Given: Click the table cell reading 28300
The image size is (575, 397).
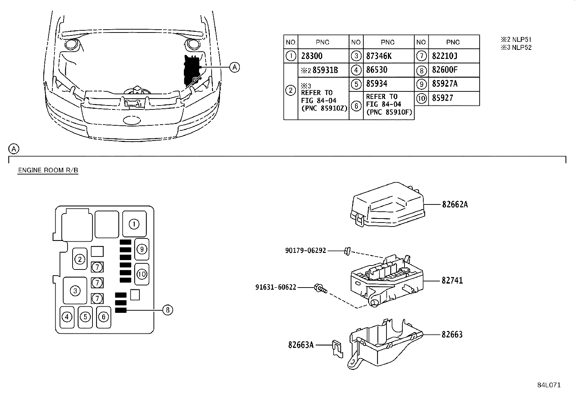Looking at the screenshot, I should (x=312, y=56).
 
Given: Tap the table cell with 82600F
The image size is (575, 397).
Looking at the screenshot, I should (x=445, y=70).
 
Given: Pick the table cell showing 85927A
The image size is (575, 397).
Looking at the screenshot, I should (x=445, y=84).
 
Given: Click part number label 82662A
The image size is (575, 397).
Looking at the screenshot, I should (x=455, y=204).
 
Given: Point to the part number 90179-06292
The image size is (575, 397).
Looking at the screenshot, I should (x=306, y=250).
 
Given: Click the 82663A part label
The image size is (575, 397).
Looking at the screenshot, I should (x=301, y=345).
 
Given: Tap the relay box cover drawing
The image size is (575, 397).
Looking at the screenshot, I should (x=388, y=205).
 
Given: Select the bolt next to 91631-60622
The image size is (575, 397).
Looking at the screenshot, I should (x=321, y=288).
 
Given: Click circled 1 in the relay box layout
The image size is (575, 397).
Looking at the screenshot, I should (x=134, y=224).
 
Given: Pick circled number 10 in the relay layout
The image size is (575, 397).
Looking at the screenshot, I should (x=142, y=274).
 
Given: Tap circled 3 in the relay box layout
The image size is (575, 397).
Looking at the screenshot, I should (x=75, y=290).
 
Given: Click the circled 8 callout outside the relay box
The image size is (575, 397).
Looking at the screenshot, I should (x=168, y=310).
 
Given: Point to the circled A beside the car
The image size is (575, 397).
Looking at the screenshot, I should (x=235, y=67).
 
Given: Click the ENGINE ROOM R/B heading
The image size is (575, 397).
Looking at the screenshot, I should (x=48, y=171).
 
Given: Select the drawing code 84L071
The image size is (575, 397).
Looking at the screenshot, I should (x=548, y=385).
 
